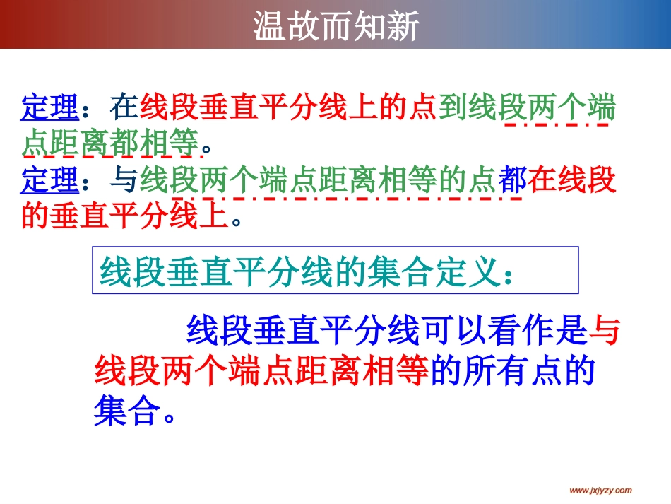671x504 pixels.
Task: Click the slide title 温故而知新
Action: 336,26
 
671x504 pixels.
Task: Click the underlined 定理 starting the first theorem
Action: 49,109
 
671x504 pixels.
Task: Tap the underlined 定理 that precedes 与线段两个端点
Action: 49,182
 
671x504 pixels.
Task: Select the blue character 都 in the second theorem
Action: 511,182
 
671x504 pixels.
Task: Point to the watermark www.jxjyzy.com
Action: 600,491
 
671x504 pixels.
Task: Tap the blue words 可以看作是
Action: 504,329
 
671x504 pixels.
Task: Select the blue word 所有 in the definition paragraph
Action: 494,370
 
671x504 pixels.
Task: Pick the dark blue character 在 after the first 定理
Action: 124,109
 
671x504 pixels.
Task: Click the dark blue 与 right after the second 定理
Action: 124,182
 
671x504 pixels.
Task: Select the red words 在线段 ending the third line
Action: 572,182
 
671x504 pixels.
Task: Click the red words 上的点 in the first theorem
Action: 393,109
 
